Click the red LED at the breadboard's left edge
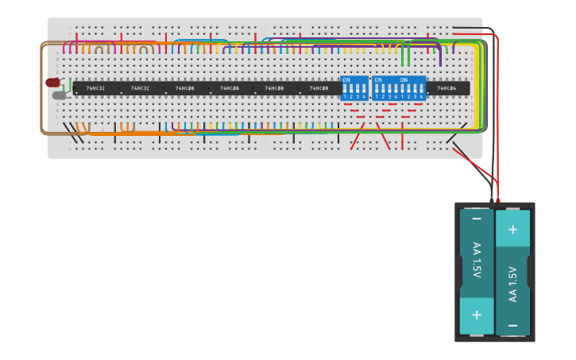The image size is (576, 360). click(52, 83)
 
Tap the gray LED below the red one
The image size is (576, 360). click(59, 95)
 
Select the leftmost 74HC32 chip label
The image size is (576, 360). click(95, 88)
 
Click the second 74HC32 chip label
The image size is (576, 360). click(140, 88)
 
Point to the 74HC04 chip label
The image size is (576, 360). click(446, 88)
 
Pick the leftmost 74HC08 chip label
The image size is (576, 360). click(184, 88)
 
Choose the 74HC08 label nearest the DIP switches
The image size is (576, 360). click(319, 88)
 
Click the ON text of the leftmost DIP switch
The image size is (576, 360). click(346, 79)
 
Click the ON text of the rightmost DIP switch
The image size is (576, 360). click(404, 79)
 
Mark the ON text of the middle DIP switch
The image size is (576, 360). click(378, 79)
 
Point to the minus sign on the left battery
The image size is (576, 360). click(476, 219)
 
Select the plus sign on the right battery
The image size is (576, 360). click(512, 230)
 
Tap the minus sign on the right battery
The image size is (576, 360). click(512, 325)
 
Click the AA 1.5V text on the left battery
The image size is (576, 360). click(476, 260)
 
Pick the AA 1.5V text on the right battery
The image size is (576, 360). click(512, 284)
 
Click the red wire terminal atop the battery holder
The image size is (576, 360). click(498, 199)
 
